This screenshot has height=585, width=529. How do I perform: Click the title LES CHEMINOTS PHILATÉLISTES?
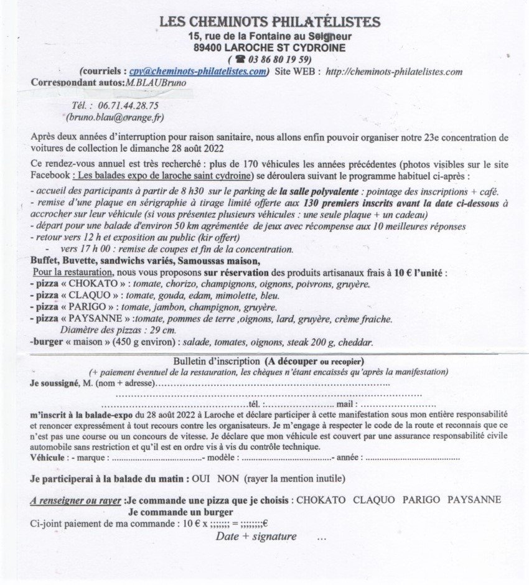269,22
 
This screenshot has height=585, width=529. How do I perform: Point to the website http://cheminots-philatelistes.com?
394,72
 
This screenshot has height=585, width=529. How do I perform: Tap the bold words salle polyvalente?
326,192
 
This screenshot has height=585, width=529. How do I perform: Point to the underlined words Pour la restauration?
72,273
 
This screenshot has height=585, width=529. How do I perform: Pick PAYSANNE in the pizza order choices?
474,500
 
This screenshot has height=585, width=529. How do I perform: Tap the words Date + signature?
256,536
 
